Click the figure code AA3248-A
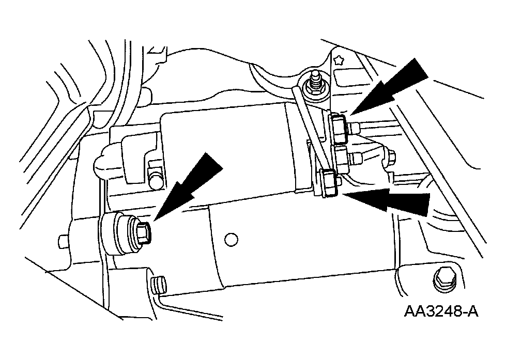(x=440, y=311)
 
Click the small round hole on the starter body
(x=232, y=239)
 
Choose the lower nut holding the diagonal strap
(x=330, y=183)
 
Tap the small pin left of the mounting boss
(x=62, y=241)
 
